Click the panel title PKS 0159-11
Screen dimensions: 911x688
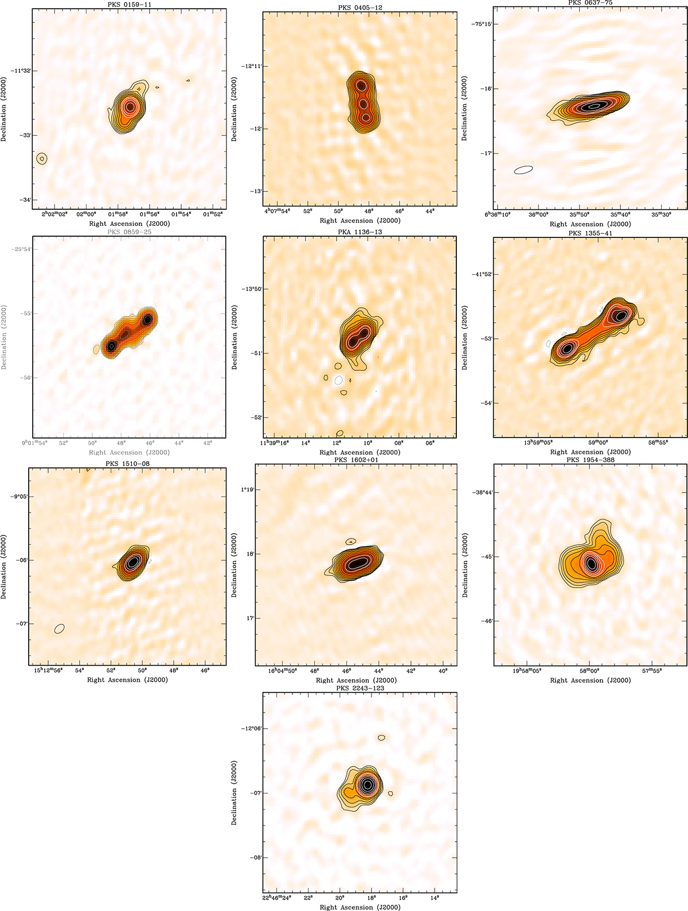coord(129,5)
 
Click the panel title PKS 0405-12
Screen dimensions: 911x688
coord(359,7)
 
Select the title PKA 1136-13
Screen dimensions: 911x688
coord(359,232)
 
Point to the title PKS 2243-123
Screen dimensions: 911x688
coord(360,688)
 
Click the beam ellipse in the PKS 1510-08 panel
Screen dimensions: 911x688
coord(59,628)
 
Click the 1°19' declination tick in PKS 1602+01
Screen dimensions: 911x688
coord(247,490)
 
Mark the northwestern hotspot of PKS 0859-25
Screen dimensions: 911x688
coord(148,319)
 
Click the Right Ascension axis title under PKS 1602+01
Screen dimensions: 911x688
coord(360,681)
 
